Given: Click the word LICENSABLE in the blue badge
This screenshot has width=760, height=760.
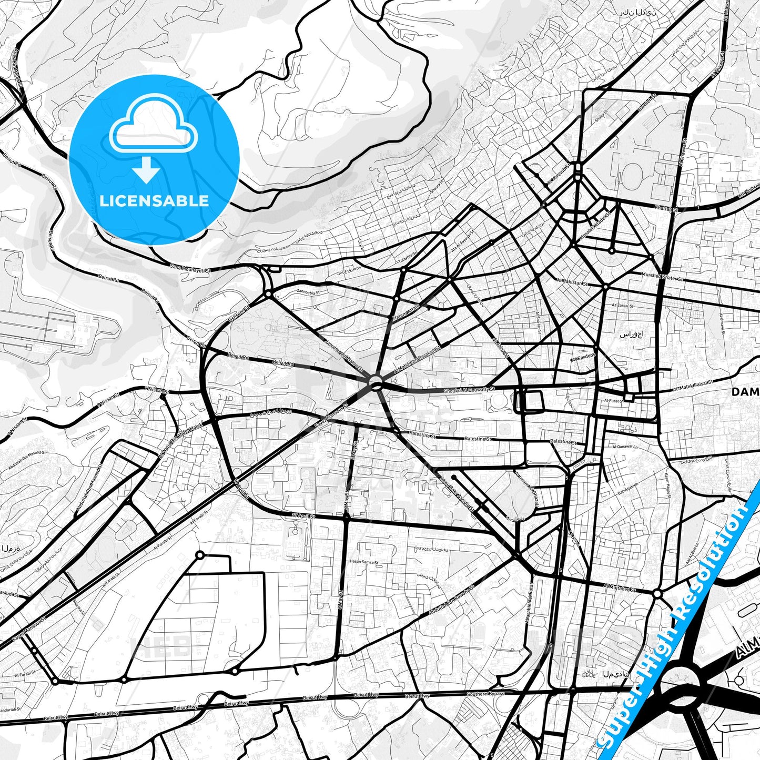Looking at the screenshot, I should [x=154, y=201].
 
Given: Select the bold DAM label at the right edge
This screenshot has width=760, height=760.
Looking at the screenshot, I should [x=746, y=392].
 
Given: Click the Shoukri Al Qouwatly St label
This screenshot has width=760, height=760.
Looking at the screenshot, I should [x=469, y=390].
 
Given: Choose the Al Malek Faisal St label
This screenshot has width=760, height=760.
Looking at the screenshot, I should [x=693, y=387].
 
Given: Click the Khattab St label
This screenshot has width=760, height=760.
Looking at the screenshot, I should [x=666, y=209].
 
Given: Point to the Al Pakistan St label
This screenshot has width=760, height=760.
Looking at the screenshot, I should [x=572, y=282].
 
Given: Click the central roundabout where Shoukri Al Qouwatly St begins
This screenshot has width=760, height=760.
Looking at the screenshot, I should [x=376, y=382].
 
